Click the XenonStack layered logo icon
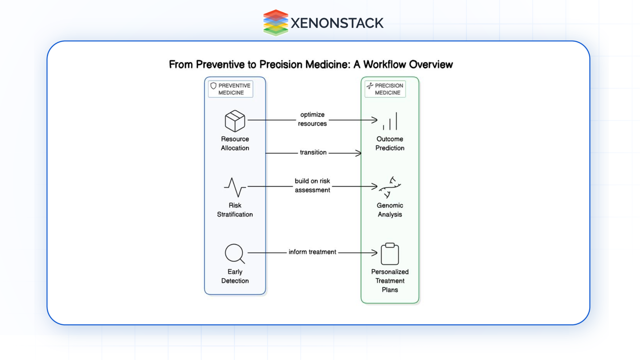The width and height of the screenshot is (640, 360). click(275, 23)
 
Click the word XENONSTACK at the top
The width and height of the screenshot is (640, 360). click(337, 23)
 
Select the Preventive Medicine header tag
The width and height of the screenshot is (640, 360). click(231, 89)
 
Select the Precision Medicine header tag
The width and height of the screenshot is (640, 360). click(385, 89)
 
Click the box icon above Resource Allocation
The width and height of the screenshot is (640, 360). click(235, 121)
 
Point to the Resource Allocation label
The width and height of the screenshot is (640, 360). click(235, 143)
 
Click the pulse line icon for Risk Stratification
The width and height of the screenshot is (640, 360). click(235, 187)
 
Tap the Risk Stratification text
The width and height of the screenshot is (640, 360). click(235, 210)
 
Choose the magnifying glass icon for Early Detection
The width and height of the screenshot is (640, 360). click(235, 254)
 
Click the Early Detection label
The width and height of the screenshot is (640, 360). click(235, 276)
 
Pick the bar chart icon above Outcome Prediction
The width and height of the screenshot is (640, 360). click(390, 121)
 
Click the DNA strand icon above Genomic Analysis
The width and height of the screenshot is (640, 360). click(390, 187)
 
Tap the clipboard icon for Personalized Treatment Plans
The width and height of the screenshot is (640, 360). click(390, 254)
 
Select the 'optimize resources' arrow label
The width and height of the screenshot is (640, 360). click(312, 119)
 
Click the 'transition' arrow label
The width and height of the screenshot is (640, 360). click(313, 152)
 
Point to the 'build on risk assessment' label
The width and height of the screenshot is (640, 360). click(312, 185)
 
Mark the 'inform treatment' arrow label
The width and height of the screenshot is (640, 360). click(312, 252)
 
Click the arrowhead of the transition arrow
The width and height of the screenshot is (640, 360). click(359, 153)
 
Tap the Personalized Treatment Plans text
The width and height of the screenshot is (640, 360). click(390, 281)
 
